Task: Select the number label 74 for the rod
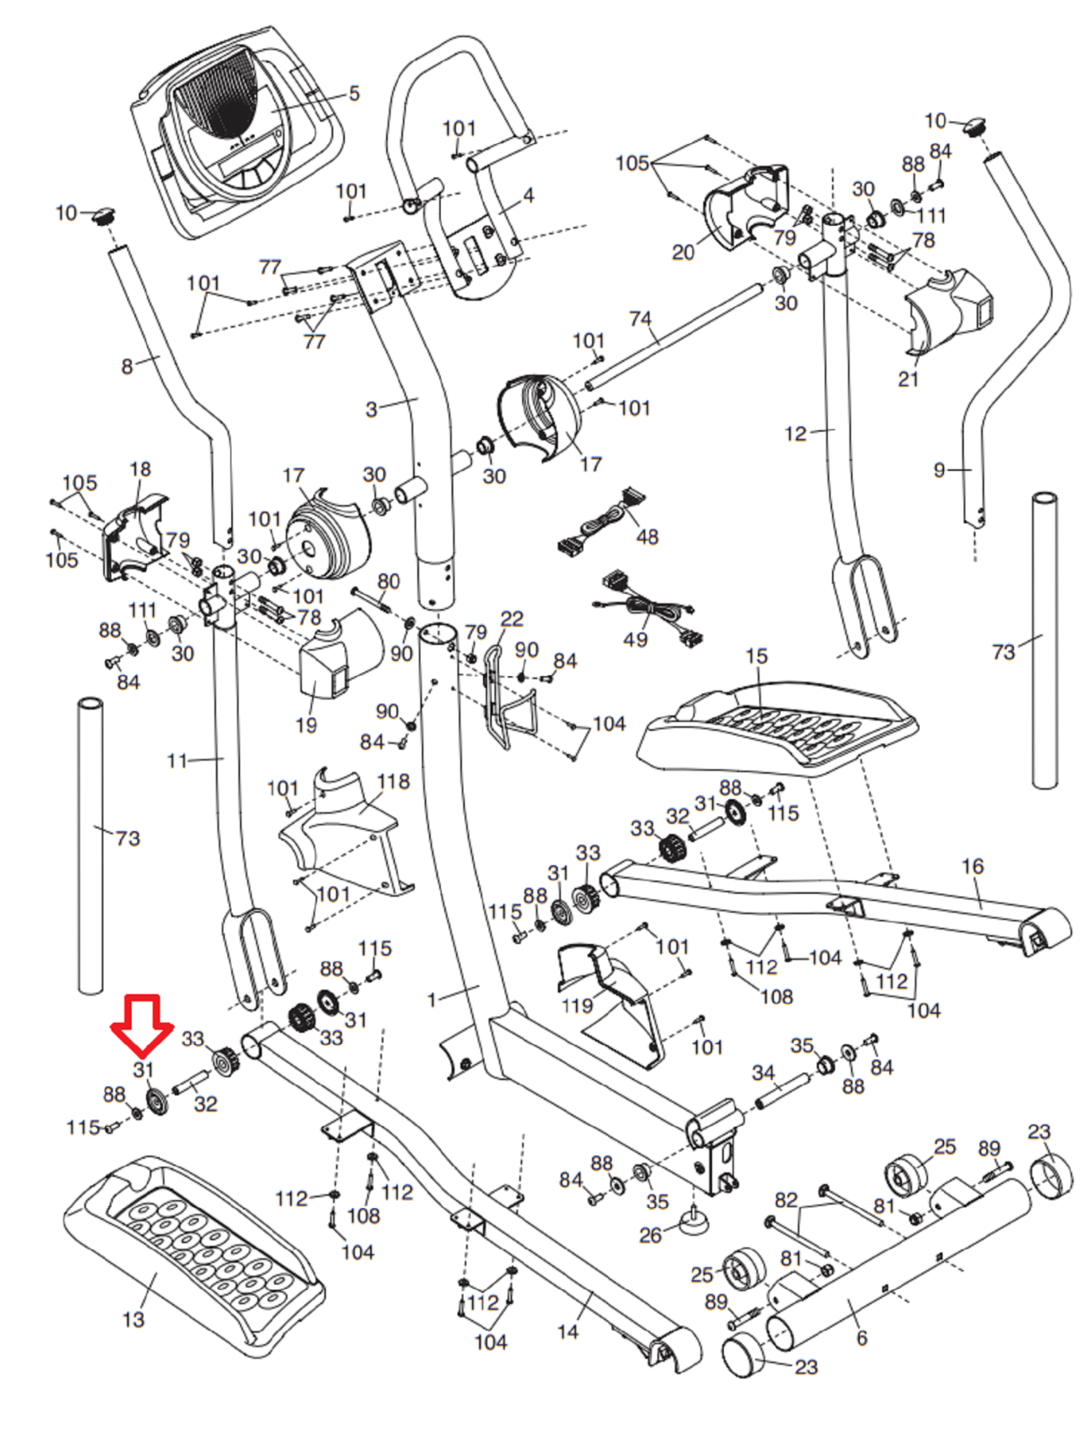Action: pyautogui.click(x=640, y=319)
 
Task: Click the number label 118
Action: pyautogui.click(x=393, y=782)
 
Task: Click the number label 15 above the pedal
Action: pyautogui.click(x=756, y=656)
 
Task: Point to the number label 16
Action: pyautogui.click(x=972, y=866)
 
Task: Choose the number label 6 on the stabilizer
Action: pyautogui.click(x=862, y=1337)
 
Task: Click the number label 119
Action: pyautogui.click(x=577, y=1005)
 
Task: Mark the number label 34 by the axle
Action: pyautogui.click(x=763, y=1072)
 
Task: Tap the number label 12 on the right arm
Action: pyautogui.click(x=795, y=434)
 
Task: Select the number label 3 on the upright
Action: pyautogui.click(x=371, y=409)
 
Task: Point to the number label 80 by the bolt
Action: pyautogui.click(x=388, y=581)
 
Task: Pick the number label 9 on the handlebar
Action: pyautogui.click(x=939, y=469)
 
